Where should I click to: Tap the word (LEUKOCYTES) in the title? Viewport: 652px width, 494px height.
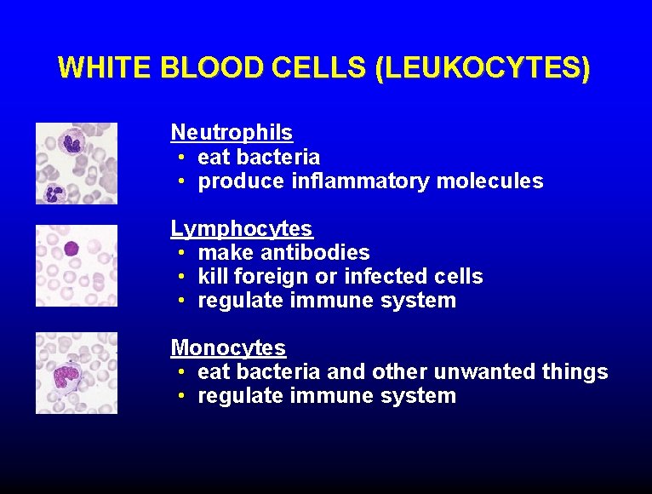(x=482, y=68)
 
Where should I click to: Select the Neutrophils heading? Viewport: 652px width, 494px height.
(x=232, y=133)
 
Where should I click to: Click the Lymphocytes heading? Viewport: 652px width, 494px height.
(x=242, y=229)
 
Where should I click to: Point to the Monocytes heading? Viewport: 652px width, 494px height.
(x=228, y=348)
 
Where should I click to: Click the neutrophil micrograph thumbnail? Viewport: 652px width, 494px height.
(x=77, y=164)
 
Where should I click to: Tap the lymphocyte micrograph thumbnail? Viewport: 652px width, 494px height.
(x=77, y=265)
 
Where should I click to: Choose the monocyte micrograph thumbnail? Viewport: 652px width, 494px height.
(x=77, y=373)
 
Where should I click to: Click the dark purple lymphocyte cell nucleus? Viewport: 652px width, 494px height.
(x=71, y=249)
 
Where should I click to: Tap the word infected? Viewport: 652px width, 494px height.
(x=383, y=277)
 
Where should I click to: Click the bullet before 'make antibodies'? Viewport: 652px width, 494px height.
(x=183, y=253)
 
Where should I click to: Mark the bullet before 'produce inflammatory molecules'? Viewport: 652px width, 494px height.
(x=183, y=181)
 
